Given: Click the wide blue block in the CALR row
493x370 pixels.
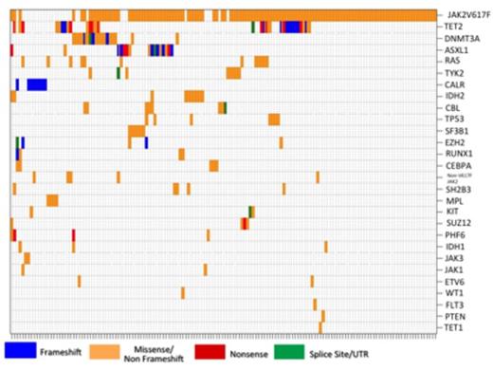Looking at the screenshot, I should pos(37,84).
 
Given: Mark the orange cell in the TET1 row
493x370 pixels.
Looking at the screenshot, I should pos(320,327).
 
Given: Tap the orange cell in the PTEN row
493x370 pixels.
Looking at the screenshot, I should pos(322,316).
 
